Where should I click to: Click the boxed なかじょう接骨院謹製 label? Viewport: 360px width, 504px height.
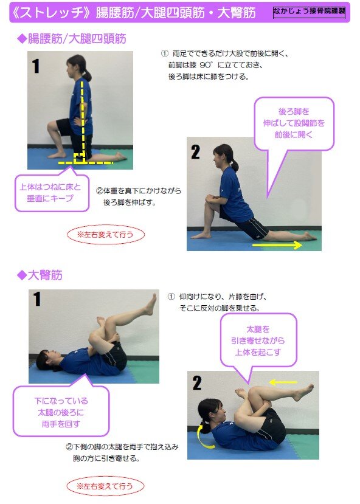309,12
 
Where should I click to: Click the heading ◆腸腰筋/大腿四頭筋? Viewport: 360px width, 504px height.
71,39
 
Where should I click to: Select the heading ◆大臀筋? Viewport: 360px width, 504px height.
40,275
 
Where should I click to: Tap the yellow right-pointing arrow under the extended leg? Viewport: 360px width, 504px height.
277,246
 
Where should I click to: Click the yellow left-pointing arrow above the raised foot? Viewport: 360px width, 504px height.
283,382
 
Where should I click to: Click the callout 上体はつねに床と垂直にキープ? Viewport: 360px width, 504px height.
52,193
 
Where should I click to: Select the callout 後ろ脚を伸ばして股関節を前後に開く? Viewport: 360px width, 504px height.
294,123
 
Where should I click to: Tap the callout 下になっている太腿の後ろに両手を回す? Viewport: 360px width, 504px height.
61,412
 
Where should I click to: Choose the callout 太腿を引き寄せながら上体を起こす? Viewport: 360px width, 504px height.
258,340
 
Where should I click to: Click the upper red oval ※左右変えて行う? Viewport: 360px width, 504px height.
106,234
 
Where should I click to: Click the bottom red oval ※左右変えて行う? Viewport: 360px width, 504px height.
105,486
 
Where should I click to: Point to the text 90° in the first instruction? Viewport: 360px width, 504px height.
206,65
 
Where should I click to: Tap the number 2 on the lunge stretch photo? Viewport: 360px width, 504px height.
195,152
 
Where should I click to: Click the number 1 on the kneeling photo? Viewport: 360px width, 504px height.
36,66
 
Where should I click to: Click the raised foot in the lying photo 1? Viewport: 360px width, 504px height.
151,304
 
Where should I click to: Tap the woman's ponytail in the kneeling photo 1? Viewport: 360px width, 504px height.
86,75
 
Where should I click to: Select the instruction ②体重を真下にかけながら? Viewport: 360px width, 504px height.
139,191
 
